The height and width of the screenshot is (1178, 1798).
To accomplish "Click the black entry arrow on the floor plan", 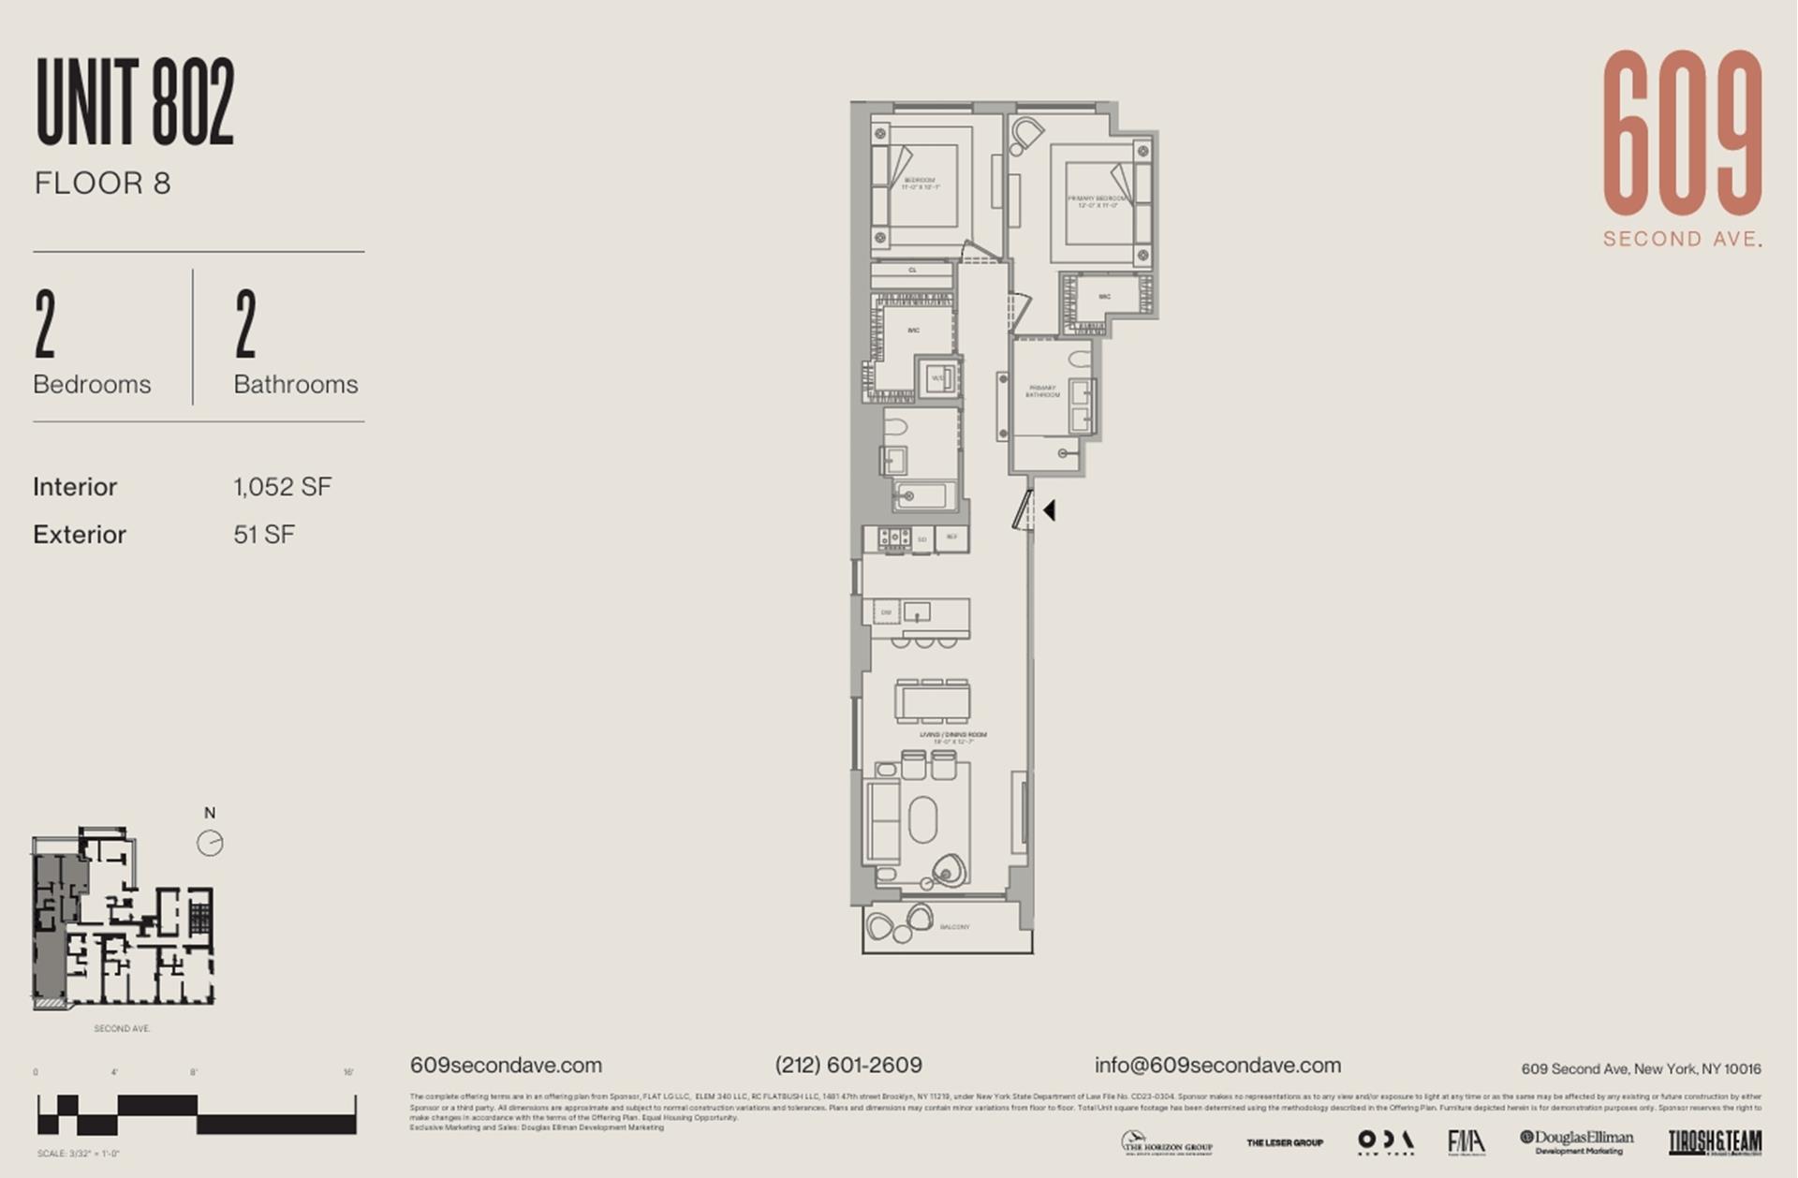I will pyautogui.click(x=1050, y=510).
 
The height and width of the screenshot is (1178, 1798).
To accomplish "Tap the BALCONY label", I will pyautogui.click(x=954, y=927).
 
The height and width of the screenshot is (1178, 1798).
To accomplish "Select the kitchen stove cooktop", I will pyautogui.click(x=892, y=537).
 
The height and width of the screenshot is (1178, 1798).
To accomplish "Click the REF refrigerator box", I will pyautogui.click(x=951, y=537).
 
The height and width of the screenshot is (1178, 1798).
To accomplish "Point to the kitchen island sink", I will pyautogui.click(x=917, y=613).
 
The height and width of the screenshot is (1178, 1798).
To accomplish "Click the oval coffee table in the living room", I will pyautogui.click(x=922, y=821).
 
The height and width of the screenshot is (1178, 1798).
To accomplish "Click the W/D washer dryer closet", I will pyautogui.click(x=937, y=378).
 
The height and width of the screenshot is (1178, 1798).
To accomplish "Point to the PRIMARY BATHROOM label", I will pyautogui.click(x=1041, y=391).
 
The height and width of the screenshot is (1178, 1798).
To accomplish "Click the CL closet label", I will pyautogui.click(x=912, y=271).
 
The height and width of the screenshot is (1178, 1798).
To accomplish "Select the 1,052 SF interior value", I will pyautogui.click(x=282, y=487).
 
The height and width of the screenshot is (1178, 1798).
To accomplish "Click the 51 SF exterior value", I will pyautogui.click(x=263, y=535).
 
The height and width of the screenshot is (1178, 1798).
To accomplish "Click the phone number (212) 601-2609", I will pyautogui.click(x=847, y=1065).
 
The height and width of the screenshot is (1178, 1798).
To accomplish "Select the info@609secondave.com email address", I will pyautogui.click(x=1217, y=1065).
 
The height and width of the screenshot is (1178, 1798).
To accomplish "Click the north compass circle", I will pyautogui.click(x=210, y=843).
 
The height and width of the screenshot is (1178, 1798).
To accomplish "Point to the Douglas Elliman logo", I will pyautogui.click(x=1577, y=1141).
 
